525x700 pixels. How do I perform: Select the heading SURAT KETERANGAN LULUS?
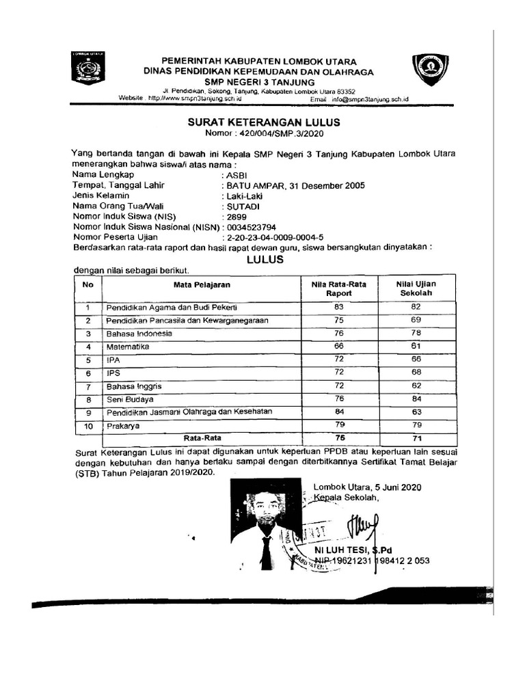(264, 122)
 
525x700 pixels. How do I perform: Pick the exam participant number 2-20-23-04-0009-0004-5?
(277, 237)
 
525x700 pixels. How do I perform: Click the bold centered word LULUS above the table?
(264, 259)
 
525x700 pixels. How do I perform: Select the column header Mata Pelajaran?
(201, 283)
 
